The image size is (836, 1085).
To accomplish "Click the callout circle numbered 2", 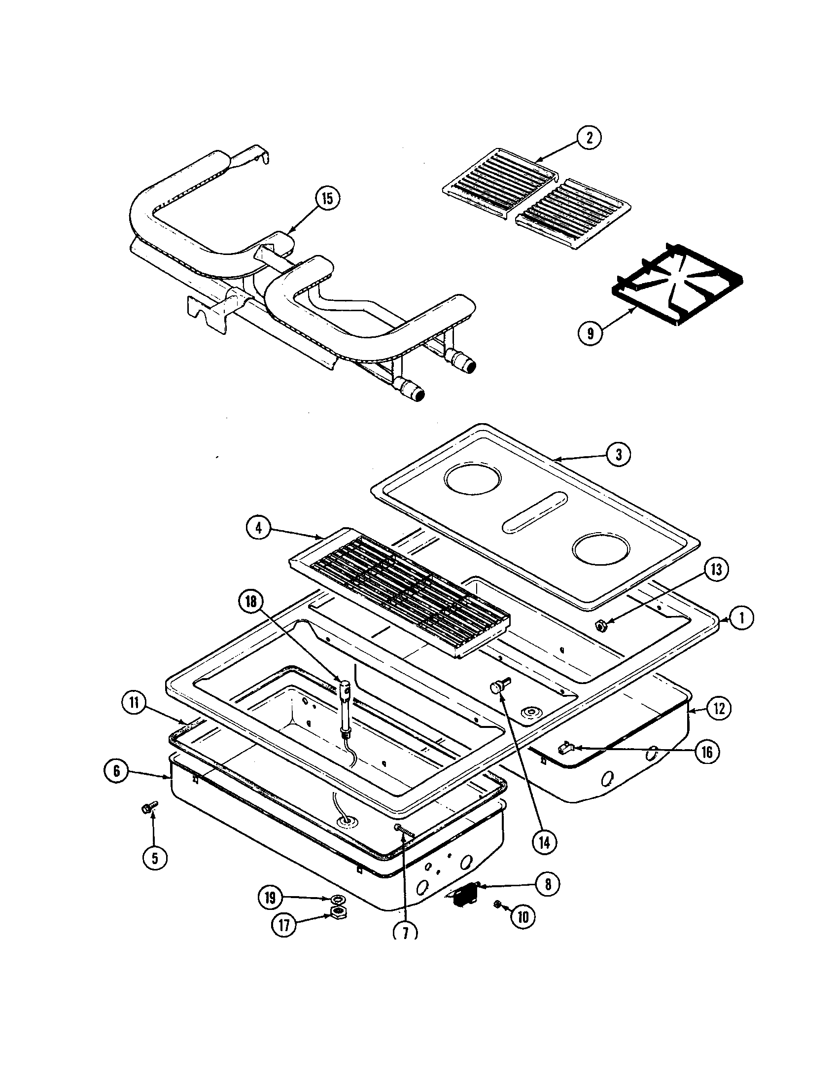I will [589, 138].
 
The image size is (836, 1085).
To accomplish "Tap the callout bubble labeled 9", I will [590, 333].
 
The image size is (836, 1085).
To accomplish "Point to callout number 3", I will [618, 454].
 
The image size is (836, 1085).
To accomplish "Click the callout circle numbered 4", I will [259, 528].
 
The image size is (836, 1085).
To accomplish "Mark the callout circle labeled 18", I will [251, 602].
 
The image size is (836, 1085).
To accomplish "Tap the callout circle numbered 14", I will [545, 842].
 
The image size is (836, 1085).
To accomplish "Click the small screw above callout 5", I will [148, 808].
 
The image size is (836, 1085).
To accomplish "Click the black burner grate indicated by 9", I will [678, 286].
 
